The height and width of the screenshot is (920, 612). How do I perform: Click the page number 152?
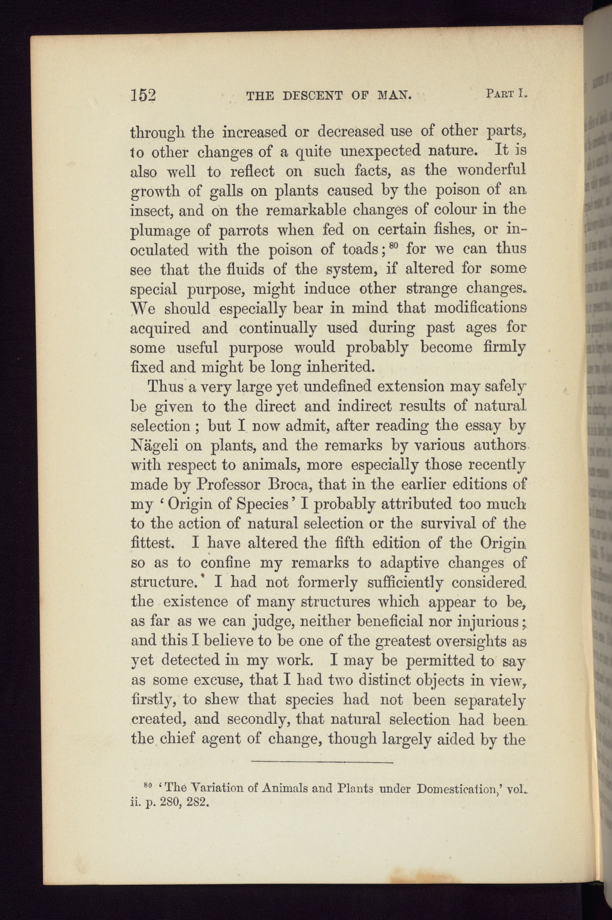pos(143,96)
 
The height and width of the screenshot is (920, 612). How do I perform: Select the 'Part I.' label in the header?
pos(506,94)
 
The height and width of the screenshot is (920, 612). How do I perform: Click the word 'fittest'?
pos(153,543)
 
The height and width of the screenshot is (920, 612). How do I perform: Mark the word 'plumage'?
pos(160,231)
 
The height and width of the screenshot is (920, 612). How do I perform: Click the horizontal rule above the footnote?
pos(322,763)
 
